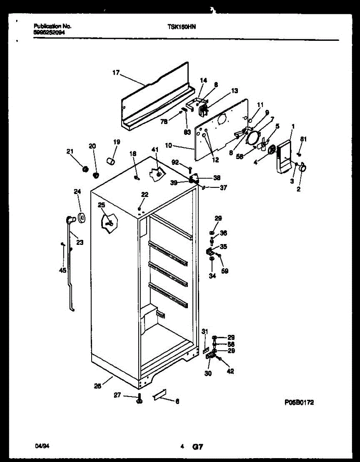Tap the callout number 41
(x=155, y=149)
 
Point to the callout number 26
(x=98, y=386)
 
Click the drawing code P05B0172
(x=299, y=403)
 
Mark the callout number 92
(x=175, y=162)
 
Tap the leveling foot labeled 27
(x=139, y=400)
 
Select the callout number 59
(x=225, y=271)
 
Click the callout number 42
(x=230, y=372)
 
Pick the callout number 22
(x=144, y=195)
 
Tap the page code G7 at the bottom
(x=198, y=447)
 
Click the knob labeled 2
(x=303, y=167)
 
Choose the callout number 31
(x=205, y=331)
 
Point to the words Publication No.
(x=52, y=26)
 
